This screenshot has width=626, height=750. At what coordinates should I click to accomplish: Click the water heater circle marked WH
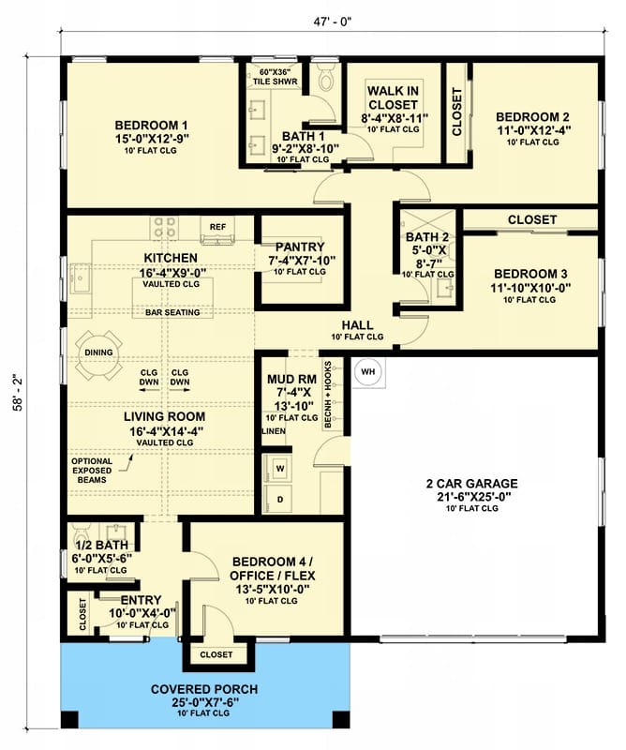tap(367, 371)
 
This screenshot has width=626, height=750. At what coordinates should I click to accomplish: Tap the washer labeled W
tap(280, 469)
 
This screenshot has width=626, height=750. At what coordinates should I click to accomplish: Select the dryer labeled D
tap(280, 500)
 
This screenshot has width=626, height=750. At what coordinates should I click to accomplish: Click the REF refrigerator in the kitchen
tap(217, 230)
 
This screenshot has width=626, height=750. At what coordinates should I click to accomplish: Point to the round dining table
tap(99, 355)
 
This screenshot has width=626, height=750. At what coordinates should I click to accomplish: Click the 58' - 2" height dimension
tap(18, 392)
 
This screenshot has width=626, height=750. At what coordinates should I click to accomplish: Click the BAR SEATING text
tap(172, 313)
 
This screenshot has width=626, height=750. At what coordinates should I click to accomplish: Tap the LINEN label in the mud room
tap(274, 431)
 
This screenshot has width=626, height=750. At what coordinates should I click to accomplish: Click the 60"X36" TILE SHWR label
tap(275, 77)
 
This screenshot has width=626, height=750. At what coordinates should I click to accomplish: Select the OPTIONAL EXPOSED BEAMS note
tap(92, 471)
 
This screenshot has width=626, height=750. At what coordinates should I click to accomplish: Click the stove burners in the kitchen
tap(164, 228)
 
